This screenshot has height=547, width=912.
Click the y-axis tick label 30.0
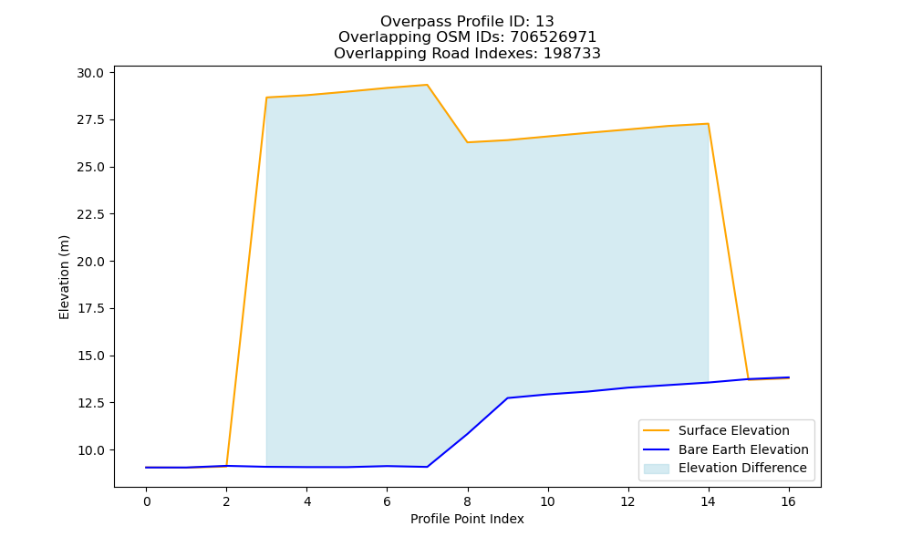point(90,73)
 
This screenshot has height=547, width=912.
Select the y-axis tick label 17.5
point(90,309)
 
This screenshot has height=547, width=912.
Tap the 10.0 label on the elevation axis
point(90,450)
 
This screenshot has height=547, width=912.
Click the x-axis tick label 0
point(147,501)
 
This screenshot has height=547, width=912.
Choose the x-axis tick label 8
point(468,501)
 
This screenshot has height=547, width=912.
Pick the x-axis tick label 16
point(788,501)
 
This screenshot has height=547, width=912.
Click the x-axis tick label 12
point(627,501)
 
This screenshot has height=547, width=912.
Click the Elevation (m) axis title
point(64,277)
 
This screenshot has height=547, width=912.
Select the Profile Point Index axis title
point(467,519)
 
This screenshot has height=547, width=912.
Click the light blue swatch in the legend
point(656,469)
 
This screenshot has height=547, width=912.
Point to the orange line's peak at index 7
point(427,85)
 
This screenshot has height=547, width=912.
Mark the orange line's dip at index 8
point(467,142)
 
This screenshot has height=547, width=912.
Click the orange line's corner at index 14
point(708,124)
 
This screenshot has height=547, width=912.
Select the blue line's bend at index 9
point(508,398)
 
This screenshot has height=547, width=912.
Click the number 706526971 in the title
point(554,37)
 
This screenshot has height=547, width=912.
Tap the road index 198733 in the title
point(572,54)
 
